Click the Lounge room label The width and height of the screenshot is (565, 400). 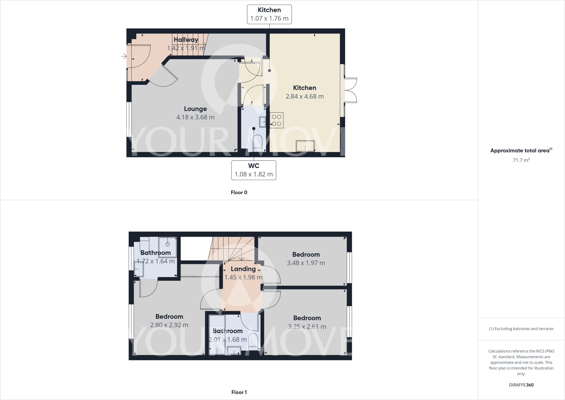click(195, 109)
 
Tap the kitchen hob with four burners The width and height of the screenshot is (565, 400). click(276, 120)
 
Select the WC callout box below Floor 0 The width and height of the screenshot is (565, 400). click(254, 170)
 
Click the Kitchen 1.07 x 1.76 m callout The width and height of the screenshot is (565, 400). click(269, 14)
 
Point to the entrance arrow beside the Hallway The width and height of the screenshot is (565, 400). click(124, 56)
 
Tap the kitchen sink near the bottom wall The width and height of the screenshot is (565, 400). click(305, 146)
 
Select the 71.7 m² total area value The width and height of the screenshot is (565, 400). click(521, 160)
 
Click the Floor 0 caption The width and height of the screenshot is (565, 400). click(239, 193)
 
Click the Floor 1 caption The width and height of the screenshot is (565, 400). click(239, 392)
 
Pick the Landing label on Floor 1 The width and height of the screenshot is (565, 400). click(243, 269)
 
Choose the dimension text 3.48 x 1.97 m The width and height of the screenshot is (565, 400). click(306, 263)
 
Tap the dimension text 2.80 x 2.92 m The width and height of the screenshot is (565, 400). click(169, 325)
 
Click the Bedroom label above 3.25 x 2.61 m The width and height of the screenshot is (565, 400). click(307, 318)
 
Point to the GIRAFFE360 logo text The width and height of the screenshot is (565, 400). click(521, 385)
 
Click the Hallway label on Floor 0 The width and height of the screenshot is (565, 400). click(186, 40)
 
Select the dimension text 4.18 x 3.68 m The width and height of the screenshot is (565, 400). click(195, 117)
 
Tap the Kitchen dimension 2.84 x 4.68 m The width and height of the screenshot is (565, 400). click(305, 96)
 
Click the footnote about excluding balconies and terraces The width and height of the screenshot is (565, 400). click(521, 329)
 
